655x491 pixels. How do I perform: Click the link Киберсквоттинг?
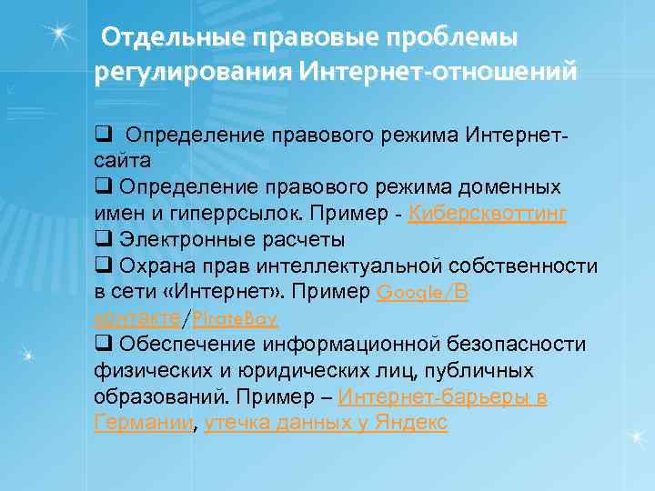click(x=489, y=213)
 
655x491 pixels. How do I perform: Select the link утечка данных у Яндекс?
click(x=327, y=423)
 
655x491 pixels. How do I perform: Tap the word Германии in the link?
click(x=143, y=423)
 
